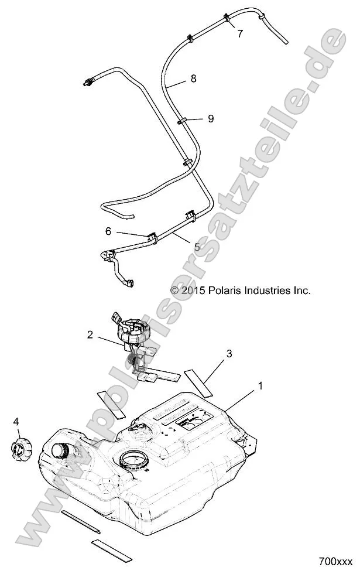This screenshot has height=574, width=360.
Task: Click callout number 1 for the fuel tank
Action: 244,387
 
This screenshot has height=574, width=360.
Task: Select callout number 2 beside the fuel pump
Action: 90,335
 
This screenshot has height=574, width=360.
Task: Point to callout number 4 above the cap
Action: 16,421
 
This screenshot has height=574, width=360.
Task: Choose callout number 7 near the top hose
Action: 240,33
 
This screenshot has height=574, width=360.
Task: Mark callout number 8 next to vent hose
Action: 193,78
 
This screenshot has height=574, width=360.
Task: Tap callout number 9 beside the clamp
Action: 210,119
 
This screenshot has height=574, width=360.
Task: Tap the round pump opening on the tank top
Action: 139,458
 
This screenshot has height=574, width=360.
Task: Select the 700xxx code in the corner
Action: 335,560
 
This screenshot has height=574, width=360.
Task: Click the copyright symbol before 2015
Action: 174,290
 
